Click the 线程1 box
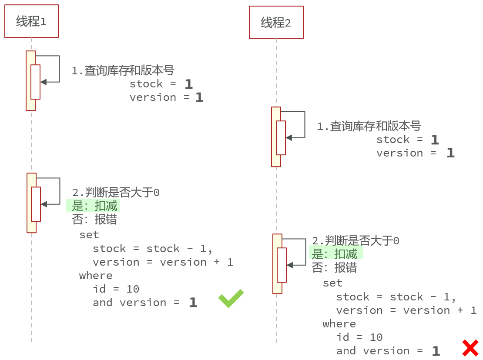31,21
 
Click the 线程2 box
276,23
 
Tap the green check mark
231,299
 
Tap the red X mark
470,348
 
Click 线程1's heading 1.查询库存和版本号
123,70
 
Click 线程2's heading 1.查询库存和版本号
369,126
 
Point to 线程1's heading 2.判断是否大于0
116,193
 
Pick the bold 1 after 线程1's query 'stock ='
188,84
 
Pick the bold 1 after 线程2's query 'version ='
450,153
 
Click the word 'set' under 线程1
89,235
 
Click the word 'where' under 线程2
339,324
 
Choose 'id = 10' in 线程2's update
359,337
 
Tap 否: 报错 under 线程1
94,219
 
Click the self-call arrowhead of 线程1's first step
43,82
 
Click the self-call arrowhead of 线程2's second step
289,265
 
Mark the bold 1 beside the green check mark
193,303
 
